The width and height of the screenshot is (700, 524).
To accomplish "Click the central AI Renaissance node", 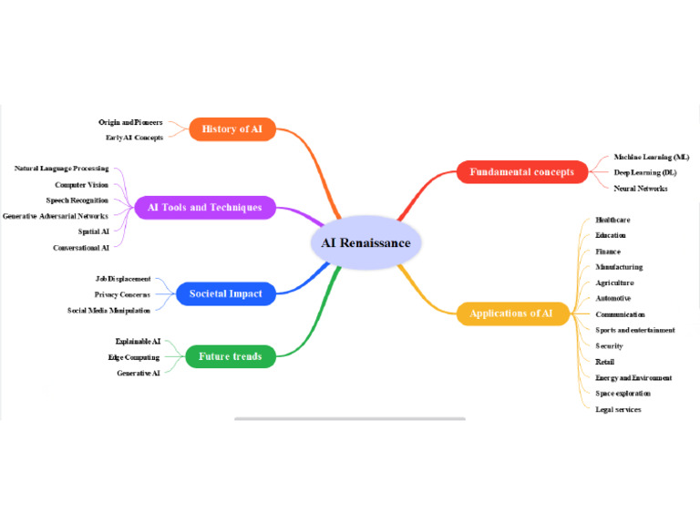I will point(365,243).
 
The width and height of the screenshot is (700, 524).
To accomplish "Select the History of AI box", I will point(232,129).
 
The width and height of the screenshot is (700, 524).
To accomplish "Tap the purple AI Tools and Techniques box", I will point(204,208).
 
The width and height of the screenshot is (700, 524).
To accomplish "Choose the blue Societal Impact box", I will point(225,293).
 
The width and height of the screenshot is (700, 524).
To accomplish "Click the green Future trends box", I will point(230,356).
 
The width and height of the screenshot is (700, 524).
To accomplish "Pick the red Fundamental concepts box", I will point(521,171).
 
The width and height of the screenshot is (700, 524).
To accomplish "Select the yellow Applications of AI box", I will point(510,313).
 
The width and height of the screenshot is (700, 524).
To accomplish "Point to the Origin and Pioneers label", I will point(130,122).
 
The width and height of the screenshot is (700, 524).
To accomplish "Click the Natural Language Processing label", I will point(61,169).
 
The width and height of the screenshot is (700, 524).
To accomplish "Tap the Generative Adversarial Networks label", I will point(56,216).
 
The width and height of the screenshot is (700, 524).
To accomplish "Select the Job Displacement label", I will point(123,279).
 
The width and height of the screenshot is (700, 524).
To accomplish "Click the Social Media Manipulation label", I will point(108,310).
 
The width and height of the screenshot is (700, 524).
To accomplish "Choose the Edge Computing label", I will point(133,357).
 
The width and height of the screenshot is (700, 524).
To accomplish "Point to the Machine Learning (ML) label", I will point(651,157).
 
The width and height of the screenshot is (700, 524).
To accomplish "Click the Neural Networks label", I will point(640,188).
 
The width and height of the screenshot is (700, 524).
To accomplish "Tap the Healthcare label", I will point(612,220).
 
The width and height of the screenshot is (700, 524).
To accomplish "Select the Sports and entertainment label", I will point(634,330).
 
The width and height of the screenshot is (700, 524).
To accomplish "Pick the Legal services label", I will point(618,409).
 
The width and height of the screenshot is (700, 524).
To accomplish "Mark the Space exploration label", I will point(623,394).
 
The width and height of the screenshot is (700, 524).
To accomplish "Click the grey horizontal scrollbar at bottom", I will point(350,419).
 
